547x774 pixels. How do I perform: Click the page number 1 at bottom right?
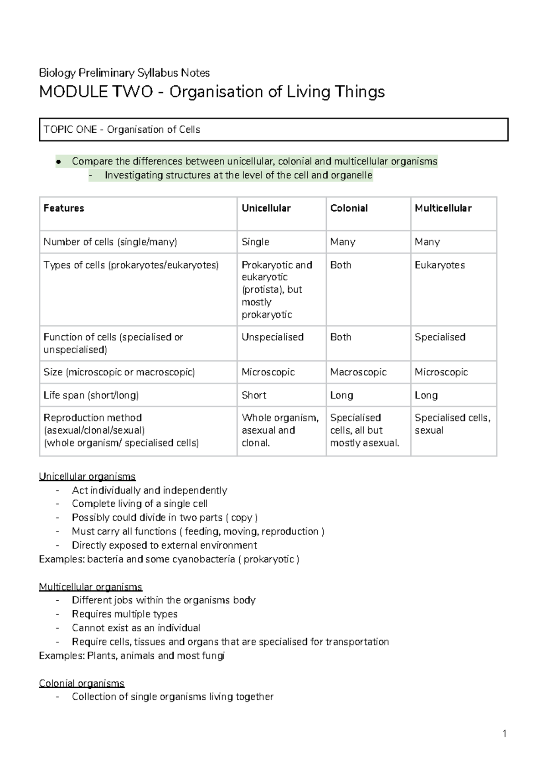click(x=505, y=733)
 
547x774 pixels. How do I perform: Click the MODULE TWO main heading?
click(x=212, y=92)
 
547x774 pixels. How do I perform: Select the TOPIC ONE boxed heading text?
click(x=122, y=130)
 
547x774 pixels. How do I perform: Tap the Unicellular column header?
click(x=266, y=208)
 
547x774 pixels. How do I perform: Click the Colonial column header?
click(x=349, y=208)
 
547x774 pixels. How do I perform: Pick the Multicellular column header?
click(x=443, y=208)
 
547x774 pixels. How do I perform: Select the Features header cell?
click(x=64, y=208)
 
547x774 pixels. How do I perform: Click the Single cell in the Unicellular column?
click(x=255, y=242)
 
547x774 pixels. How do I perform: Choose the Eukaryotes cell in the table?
click(x=439, y=265)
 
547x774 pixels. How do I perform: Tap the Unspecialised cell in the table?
click(x=272, y=337)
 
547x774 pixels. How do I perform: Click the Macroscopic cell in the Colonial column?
click(x=358, y=372)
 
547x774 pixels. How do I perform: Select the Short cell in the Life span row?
click(x=254, y=395)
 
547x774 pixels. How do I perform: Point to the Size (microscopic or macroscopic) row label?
click(x=119, y=372)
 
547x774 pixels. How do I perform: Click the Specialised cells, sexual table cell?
click(x=452, y=424)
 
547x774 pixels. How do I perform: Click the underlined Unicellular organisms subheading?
click(x=87, y=477)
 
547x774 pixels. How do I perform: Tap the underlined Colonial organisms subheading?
click(x=82, y=683)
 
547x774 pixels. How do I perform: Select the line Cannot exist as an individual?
click(x=136, y=628)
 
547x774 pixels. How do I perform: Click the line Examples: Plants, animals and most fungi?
click(x=132, y=656)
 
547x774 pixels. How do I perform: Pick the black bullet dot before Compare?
click(x=58, y=161)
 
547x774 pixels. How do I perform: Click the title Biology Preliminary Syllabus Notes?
click(x=124, y=73)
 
